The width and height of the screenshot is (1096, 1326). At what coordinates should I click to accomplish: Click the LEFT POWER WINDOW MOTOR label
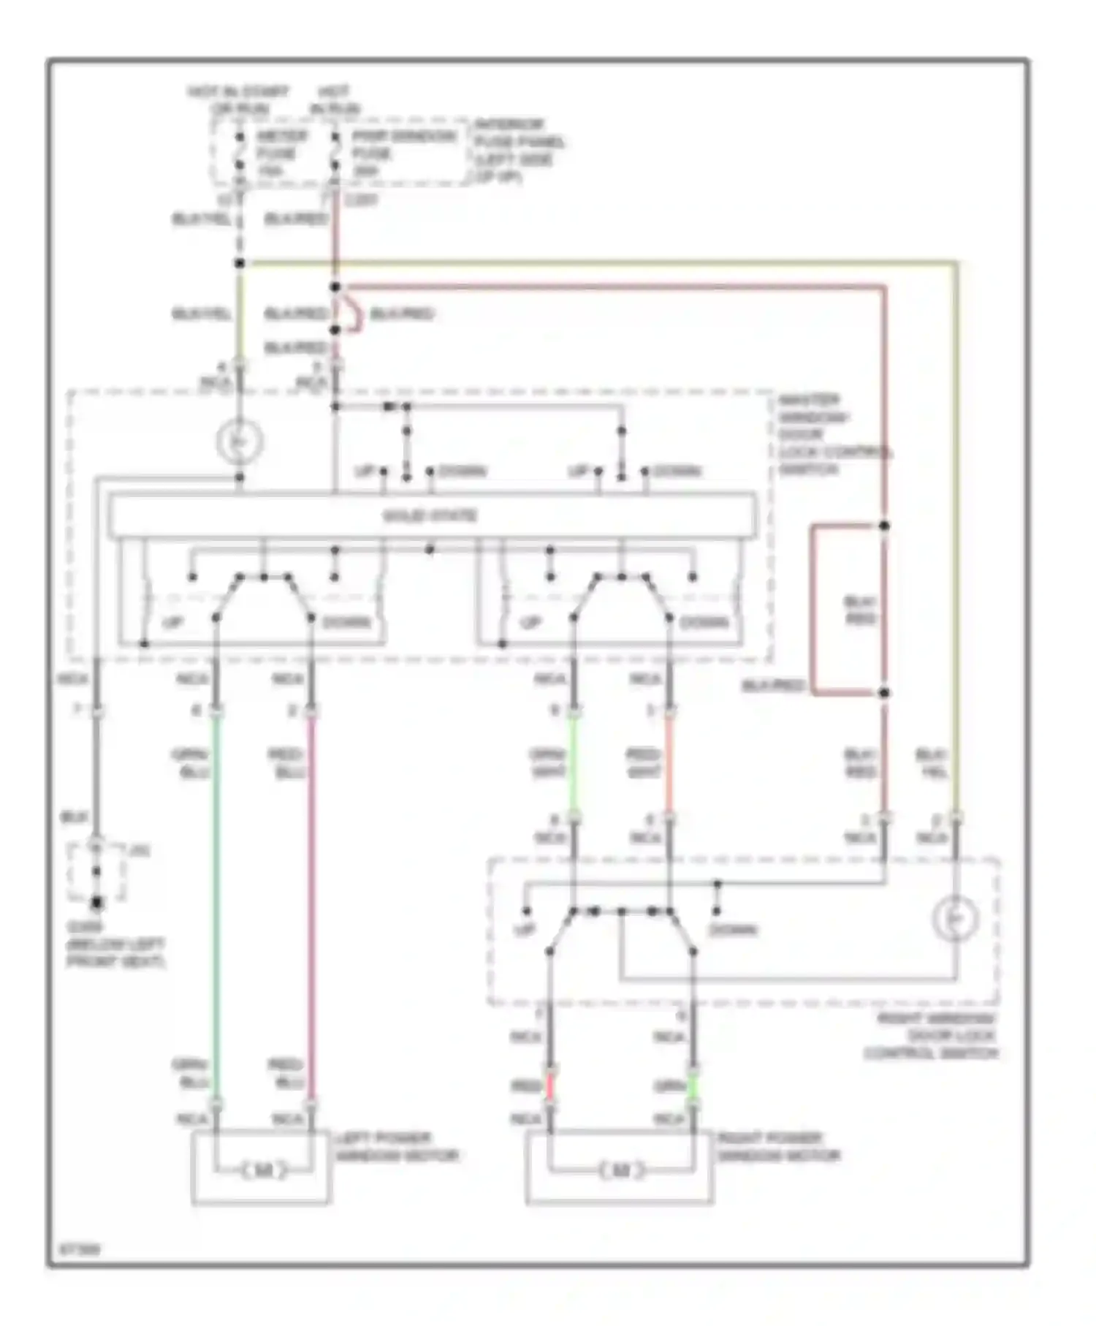(x=396, y=1147)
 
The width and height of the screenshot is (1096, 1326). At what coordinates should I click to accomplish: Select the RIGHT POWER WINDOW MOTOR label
(x=778, y=1147)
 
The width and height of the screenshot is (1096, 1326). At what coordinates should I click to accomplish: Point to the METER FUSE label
(x=281, y=154)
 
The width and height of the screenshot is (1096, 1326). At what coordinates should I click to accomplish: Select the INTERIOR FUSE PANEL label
(x=519, y=151)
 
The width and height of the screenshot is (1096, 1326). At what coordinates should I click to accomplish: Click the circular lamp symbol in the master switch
(x=239, y=442)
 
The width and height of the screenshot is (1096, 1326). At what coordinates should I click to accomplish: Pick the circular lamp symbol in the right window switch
(x=956, y=917)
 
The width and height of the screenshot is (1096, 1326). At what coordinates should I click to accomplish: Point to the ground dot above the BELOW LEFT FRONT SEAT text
(x=96, y=904)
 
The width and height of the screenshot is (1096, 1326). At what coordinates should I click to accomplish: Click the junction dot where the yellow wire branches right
(x=239, y=263)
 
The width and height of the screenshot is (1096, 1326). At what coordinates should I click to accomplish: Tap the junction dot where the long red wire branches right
(x=335, y=287)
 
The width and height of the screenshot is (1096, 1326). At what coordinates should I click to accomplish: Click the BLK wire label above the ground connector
(x=74, y=819)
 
